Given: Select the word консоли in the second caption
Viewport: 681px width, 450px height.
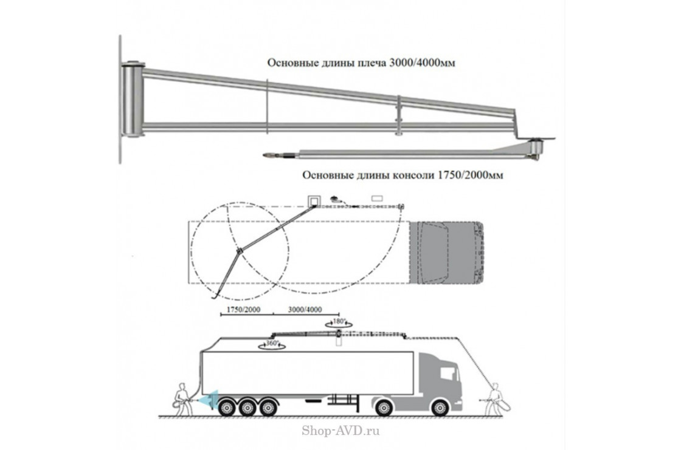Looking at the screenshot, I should click(406, 175).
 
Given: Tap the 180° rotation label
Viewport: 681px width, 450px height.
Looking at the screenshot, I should click(339, 321).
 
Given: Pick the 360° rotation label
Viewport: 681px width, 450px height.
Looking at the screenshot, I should click(269, 344).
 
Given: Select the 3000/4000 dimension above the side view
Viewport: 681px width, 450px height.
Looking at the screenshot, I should click(306, 310).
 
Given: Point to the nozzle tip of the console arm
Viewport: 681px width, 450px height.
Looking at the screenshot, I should click(267, 155).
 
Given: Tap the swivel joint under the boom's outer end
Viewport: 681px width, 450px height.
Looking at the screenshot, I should click(536, 149).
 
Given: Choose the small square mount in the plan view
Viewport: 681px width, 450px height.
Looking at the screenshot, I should click(314, 200).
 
